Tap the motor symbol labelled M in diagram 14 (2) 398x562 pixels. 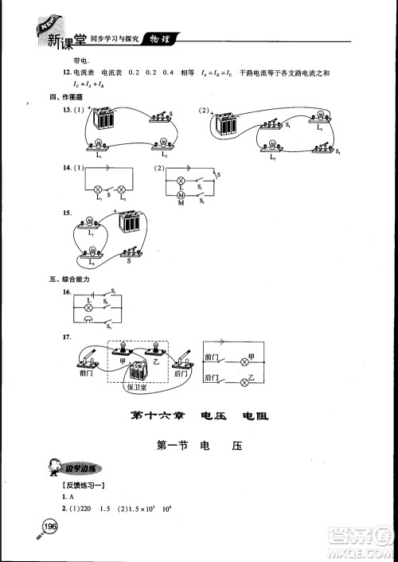(x=180, y=196)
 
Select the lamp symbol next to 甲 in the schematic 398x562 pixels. (x=245, y=361)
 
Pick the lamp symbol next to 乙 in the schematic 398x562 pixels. (x=245, y=384)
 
